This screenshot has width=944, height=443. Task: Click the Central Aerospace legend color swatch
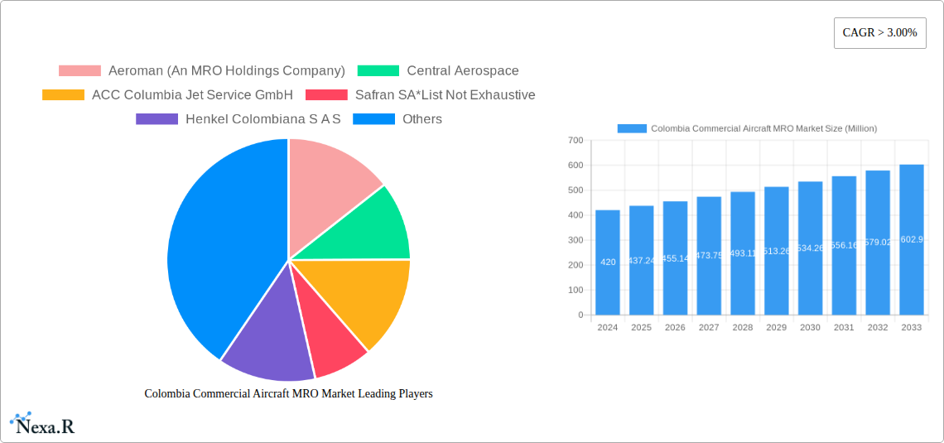click(378, 71)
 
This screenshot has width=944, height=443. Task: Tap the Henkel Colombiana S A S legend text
click(263, 119)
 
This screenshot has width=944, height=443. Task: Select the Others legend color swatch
click(373, 119)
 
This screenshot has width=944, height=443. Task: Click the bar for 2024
click(608, 262)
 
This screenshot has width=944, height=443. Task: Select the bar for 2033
click(911, 240)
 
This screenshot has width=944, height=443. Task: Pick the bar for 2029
click(777, 251)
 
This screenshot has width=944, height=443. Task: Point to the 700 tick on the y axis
click(575, 141)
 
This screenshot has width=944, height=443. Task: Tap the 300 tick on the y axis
click(575, 240)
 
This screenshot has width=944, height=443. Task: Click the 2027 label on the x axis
click(709, 328)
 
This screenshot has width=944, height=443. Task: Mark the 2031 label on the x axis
click(844, 328)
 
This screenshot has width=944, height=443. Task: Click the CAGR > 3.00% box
click(879, 33)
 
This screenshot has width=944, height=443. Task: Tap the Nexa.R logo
click(43, 424)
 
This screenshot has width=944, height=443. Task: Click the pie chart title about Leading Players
click(288, 394)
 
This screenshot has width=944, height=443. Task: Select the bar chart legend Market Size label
click(763, 128)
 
